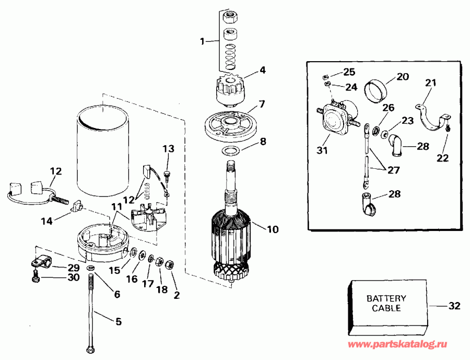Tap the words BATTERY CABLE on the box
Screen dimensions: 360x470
pyautogui.click(x=386, y=304)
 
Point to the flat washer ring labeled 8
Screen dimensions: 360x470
pyautogui.click(x=230, y=151)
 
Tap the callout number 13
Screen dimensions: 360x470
pyautogui.click(x=167, y=148)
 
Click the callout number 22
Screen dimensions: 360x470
pyautogui.click(x=442, y=158)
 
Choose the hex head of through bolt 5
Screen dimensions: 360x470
pyautogui.click(x=90, y=349)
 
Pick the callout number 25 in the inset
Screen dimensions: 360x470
pyautogui.click(x=348, y=72)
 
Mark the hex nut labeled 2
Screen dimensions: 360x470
pyautogui.click(x=169, y=265)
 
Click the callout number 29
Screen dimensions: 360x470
pyautogui.click(x=73, y=268)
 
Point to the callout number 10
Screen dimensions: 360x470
pyautogui.click(x=273, y=229)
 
